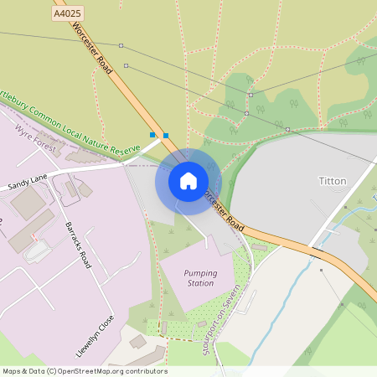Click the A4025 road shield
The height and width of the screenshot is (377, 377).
[67, 14]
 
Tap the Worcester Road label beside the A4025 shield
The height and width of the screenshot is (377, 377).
[92, 46]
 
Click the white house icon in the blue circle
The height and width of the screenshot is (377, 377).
[188, 180]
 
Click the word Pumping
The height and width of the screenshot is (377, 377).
[188, 273]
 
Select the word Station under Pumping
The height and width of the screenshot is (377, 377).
[188, 284]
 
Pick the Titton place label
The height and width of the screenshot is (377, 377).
[333, 181]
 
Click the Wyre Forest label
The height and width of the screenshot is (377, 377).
[36, 142]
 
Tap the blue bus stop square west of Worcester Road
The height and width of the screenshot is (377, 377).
[152, 135]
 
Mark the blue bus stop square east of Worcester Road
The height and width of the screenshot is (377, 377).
[166, 136]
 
